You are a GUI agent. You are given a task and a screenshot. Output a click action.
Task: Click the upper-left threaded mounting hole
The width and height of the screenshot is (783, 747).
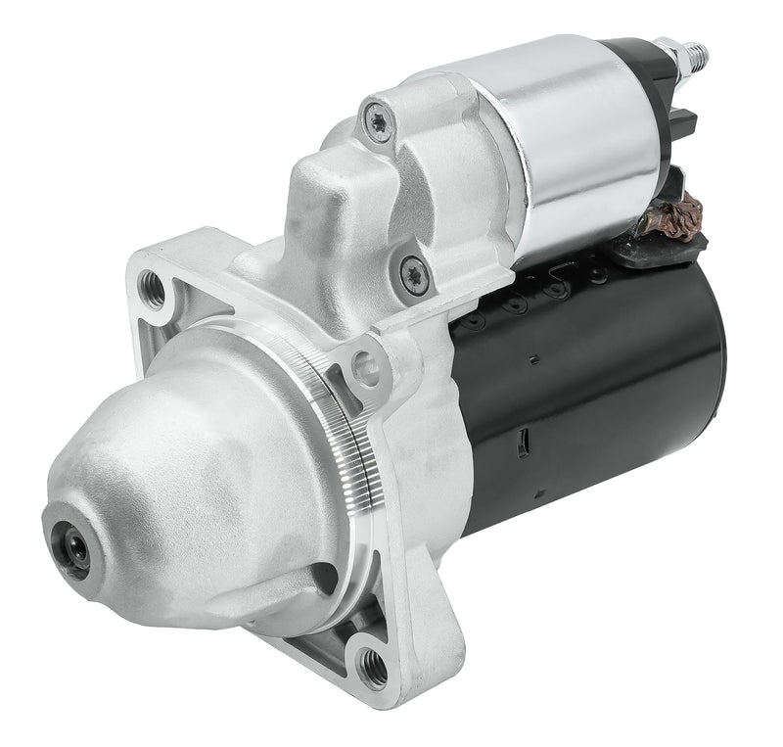click(153, 286)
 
